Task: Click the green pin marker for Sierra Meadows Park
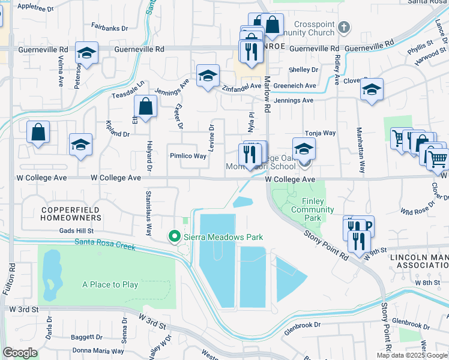175,237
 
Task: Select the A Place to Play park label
110,284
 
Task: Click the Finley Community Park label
312,205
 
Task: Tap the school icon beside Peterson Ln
86,53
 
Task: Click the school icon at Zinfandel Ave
208,76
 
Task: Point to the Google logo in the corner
20,353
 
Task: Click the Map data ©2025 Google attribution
412,355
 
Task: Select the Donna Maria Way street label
98,351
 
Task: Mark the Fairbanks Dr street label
109,27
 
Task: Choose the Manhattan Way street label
361,158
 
